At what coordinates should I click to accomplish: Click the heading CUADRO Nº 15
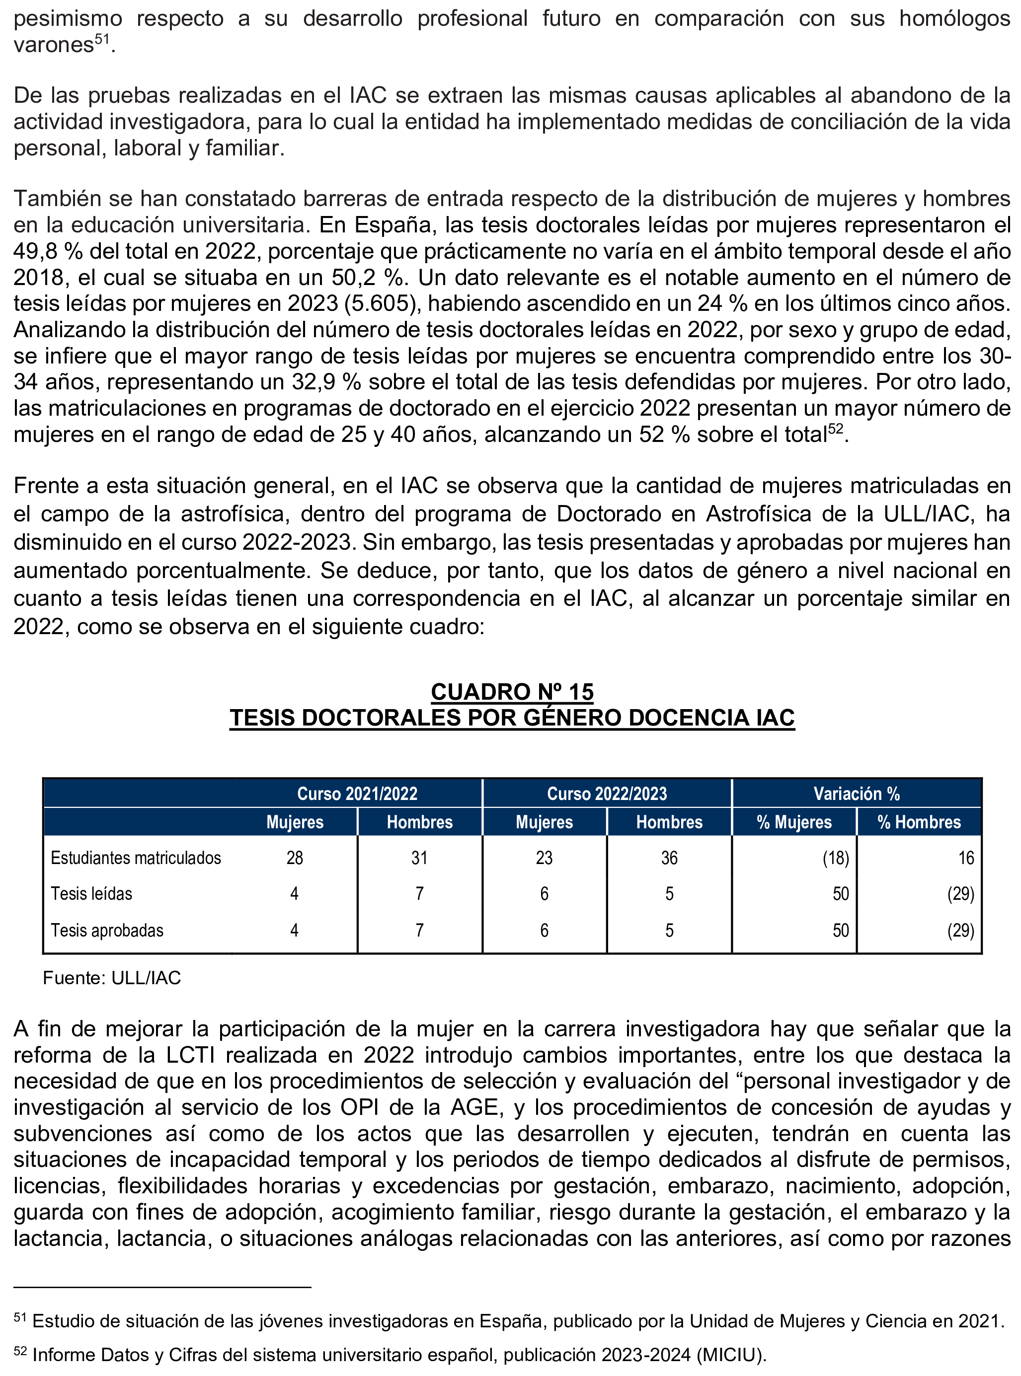click(512, 692)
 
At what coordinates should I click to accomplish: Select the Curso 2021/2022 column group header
click(357, 794)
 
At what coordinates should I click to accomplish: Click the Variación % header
click(856, 794)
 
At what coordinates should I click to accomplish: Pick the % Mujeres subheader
click(793, 822)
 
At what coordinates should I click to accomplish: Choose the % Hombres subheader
click(919, 822)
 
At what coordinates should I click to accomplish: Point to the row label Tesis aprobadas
click(107, 930)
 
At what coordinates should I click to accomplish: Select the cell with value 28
click(295, 858)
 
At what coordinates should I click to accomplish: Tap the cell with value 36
click(669, 858)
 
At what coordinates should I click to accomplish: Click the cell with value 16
click(966, 858)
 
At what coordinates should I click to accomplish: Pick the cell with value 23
click(544, 858)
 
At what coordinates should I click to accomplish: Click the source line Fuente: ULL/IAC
click(112, 978)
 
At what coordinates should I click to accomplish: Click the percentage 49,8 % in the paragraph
click(48, 251)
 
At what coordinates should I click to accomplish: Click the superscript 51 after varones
click(102, 40)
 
